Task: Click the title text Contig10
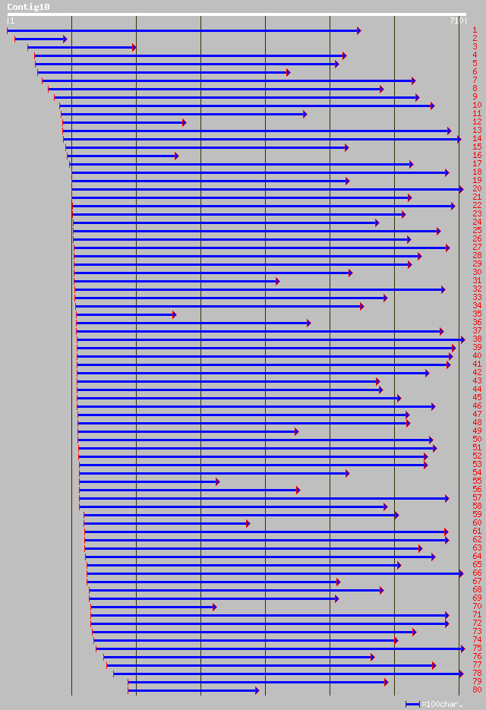coord(28,7)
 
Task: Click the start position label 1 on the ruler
coord(11,21)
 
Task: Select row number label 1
coord(475,30)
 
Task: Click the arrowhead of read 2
coord(65,39)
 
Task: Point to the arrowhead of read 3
coord(134,47)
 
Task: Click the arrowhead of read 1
coord(358,30)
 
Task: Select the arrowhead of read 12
coord(184,122)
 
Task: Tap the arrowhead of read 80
coord(257,690)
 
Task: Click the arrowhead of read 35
coord(174,314)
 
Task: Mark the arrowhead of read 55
coord(217,481)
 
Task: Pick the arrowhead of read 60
coord(248,523)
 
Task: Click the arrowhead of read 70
coord(215,607)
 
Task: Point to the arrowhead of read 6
coord(288,72)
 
